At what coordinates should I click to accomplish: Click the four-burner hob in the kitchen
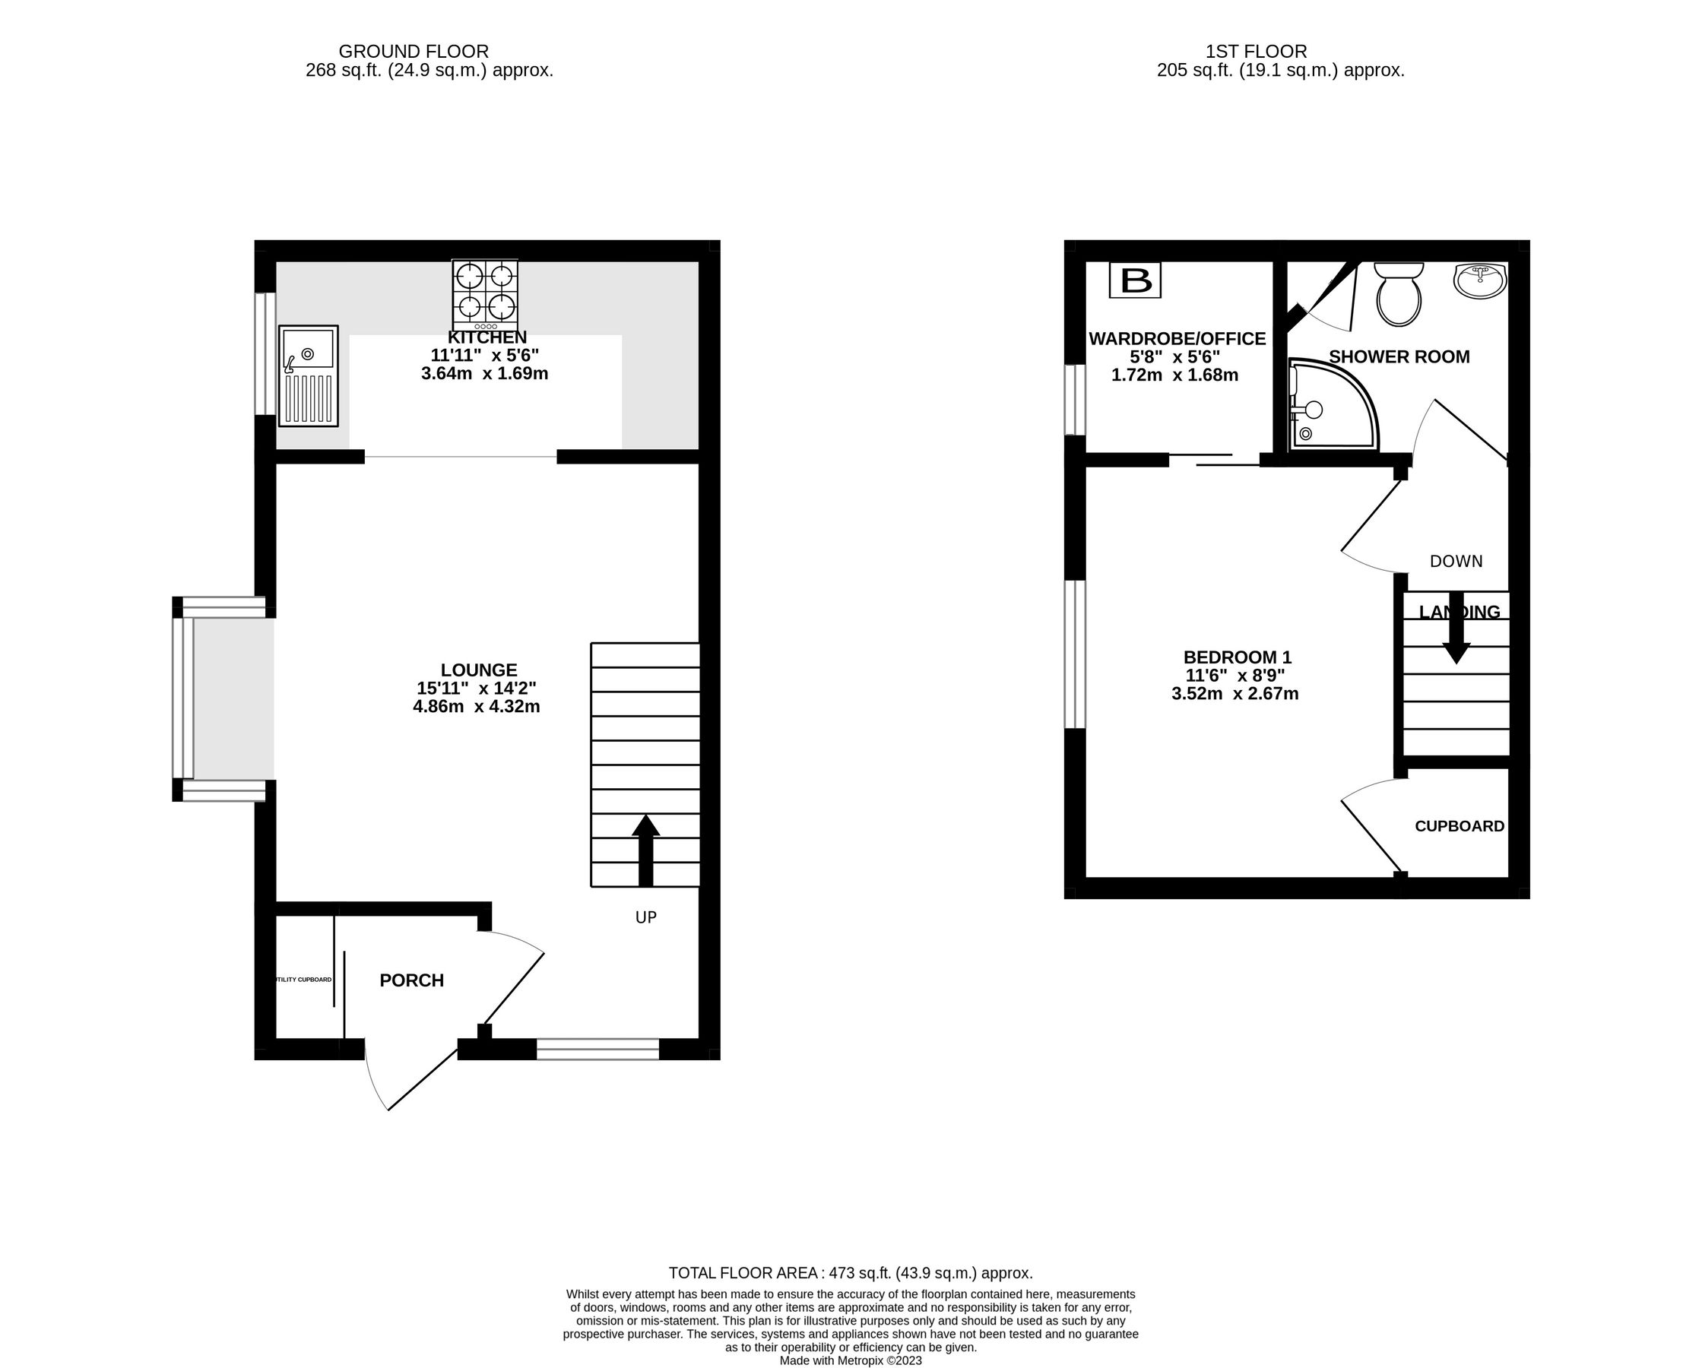485,295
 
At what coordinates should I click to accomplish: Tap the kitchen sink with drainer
307,375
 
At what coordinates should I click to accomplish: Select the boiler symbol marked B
1134,280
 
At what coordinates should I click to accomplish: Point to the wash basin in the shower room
1480,281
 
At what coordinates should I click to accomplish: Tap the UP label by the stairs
645,917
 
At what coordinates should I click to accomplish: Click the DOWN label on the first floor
1456,561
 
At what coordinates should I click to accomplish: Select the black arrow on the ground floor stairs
645,850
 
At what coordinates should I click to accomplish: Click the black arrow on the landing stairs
1456,628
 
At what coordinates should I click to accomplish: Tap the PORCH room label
411,980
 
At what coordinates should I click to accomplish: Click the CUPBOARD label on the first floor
1459,826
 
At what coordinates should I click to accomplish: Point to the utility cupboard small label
303,980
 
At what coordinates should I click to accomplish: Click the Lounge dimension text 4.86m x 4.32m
476,707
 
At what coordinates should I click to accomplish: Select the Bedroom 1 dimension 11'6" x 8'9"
1235,676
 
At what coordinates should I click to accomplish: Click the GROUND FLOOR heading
414,52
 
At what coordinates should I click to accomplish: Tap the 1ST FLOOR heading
1256,52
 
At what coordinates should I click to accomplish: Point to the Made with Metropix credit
850,1361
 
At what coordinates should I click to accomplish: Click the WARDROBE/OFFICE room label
1176,339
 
